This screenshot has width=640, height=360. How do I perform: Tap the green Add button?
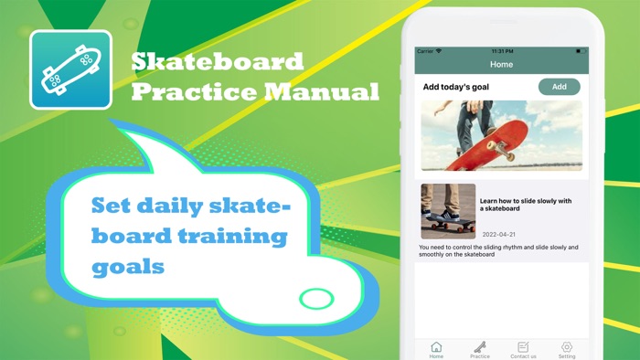(559, 87)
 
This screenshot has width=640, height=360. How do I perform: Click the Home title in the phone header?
(502, 65)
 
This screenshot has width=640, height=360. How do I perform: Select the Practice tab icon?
(480, 347)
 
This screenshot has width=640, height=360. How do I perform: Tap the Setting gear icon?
(567, 347)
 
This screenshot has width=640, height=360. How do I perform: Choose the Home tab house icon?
(436, 347)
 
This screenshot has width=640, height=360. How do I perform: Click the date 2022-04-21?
(497, 234)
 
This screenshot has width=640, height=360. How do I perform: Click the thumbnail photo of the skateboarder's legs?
(448, 211)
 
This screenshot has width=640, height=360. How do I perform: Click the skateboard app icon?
(70, 69)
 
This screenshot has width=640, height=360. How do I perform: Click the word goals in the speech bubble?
(128, 267)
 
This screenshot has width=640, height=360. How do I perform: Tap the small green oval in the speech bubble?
(317, 298)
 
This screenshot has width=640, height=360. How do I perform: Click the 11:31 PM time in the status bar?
(502, 51)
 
